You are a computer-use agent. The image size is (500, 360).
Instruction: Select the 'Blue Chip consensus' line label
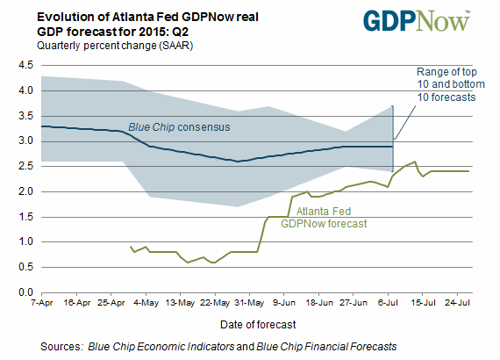[x=179, y=127]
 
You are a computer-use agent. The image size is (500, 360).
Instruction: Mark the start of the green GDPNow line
[x=130, y=247]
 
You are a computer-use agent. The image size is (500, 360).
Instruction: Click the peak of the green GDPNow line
[x=415, y=162]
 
